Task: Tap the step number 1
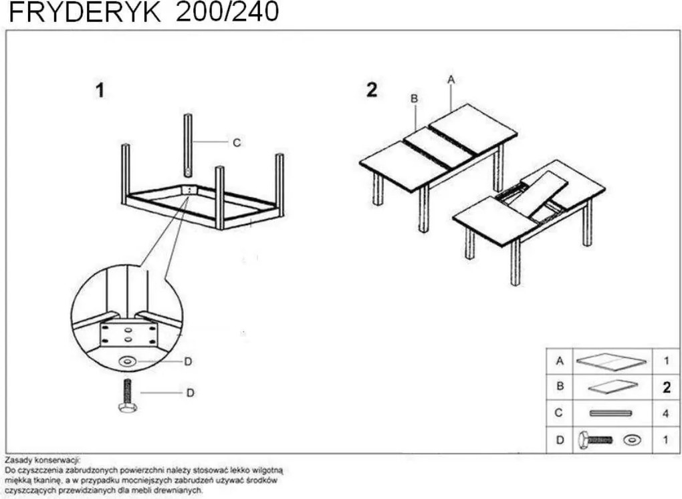100,91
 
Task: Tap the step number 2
372,90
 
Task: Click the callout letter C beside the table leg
237,142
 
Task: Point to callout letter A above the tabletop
451,79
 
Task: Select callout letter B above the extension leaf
414,98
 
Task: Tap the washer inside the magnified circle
126,361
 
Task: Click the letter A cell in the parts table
560,361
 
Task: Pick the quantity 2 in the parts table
666,387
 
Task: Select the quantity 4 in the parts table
666,413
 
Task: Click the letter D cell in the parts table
560,440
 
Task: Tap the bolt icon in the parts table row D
597,440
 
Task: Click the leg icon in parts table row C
610,413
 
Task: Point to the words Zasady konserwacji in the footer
42,460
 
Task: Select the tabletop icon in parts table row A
611,361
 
